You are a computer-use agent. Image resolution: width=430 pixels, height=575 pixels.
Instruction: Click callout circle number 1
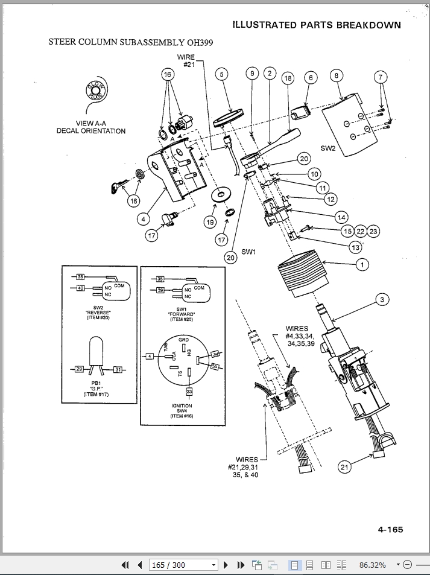click(362, 264)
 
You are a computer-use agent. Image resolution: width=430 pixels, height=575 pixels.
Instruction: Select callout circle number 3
click(381, 299)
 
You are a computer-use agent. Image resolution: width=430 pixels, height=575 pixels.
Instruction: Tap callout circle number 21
click(344, 466)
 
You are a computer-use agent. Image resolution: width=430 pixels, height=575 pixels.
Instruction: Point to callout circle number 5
click(221, 74)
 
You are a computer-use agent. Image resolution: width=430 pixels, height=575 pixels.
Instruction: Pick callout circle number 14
click(341, 216)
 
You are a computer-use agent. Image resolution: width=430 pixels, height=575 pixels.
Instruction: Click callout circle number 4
click(144, 219)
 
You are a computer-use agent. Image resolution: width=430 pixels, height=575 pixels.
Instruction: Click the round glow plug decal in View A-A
click(96, 91)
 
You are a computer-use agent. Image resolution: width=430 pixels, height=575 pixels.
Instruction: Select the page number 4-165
click(390, 530)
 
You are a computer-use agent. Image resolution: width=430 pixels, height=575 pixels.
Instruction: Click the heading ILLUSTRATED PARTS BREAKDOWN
click(317, 25)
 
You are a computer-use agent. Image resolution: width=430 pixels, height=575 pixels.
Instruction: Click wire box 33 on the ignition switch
click(189, 392)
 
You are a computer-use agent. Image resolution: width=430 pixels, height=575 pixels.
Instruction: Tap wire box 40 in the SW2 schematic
click(80, 288)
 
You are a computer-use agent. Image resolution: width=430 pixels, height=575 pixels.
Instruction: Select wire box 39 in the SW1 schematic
click(160, 290)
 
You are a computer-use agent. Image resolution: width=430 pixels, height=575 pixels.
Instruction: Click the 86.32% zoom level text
click(372, 565)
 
